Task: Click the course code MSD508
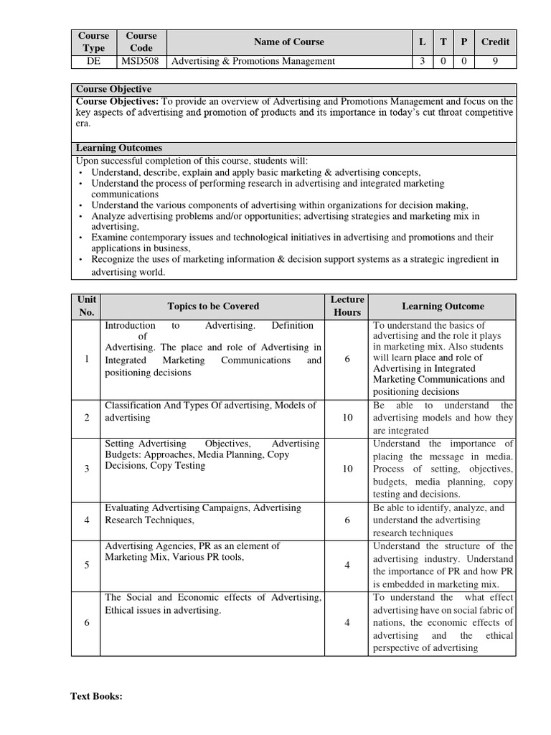(141, 61)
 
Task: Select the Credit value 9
(495, 61)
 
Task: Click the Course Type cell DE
(93, 61)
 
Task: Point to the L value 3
(422, 61)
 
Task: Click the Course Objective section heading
(113, 89)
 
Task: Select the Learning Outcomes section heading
(119, 148)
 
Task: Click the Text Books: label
(97, 696)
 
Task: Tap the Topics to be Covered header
(213, 306)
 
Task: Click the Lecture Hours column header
(347, 306)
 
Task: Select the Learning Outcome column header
(443, 306)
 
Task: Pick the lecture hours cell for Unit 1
(347, 359)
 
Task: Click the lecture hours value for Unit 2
(347, 417)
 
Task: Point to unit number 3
(87, 469)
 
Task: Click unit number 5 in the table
(87, 565)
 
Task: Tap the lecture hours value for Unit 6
(347, 622)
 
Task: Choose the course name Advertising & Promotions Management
(253, 61)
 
